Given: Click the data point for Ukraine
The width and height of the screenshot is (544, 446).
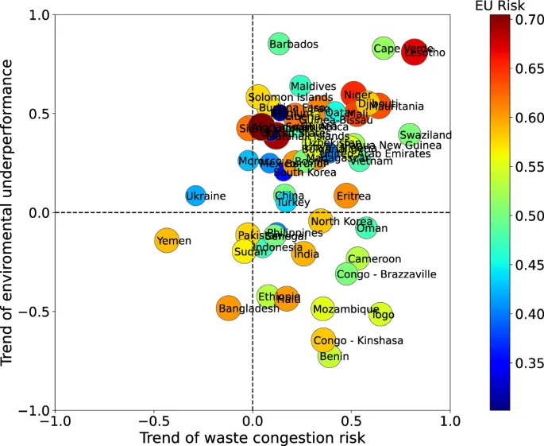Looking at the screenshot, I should point(195,196).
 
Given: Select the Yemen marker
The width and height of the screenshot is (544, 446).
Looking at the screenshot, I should point(167,241).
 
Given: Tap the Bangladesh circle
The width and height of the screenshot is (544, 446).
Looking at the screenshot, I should point(229,308).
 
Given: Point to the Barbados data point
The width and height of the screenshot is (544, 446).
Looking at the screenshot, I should point(278,45).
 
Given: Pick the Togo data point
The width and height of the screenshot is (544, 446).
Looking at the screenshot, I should point(381,314).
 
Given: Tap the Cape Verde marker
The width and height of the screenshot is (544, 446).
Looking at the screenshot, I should point(384,48).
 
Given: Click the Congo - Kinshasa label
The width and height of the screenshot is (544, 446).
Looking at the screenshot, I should point(358,341).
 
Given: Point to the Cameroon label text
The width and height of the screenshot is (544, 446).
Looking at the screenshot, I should point(374,259).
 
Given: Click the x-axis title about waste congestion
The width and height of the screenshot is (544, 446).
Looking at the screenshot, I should point(252,438).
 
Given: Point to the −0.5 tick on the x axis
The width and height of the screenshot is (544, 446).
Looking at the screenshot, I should point(153,421).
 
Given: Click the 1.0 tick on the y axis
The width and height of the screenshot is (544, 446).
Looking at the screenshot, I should point(36,15).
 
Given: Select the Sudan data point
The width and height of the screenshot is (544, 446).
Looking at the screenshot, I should point(245,251).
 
